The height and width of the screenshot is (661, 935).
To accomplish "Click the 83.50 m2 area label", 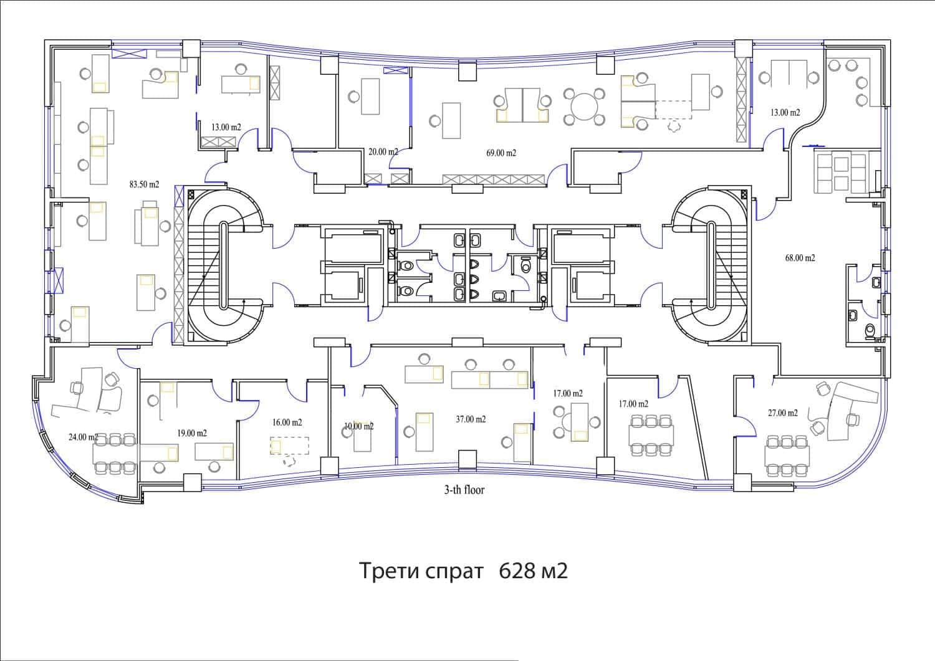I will click(144, 184).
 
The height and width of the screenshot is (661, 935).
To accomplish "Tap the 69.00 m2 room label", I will click(501, 153).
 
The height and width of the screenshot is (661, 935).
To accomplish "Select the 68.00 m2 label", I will click(800, 257).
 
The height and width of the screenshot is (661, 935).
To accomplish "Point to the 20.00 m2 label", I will click(383, 151).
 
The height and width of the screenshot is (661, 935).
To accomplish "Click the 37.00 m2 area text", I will click(471, 419).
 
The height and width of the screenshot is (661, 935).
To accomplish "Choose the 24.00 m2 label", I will click(83, 437).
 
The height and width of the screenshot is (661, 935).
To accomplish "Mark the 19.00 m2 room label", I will click(192, 433).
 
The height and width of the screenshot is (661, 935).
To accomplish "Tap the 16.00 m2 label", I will click(287, 422).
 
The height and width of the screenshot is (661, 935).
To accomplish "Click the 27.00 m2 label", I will click(782, 413).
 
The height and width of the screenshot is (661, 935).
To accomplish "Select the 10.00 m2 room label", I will click(358, 427).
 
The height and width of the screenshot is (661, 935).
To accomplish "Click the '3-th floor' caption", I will click(464, 490).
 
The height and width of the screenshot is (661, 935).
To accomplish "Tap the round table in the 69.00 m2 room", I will click(584, 107).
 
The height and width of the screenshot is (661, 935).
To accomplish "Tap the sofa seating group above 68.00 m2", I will click(840, 173).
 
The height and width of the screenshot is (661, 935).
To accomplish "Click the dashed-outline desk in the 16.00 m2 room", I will click(289, 446).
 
